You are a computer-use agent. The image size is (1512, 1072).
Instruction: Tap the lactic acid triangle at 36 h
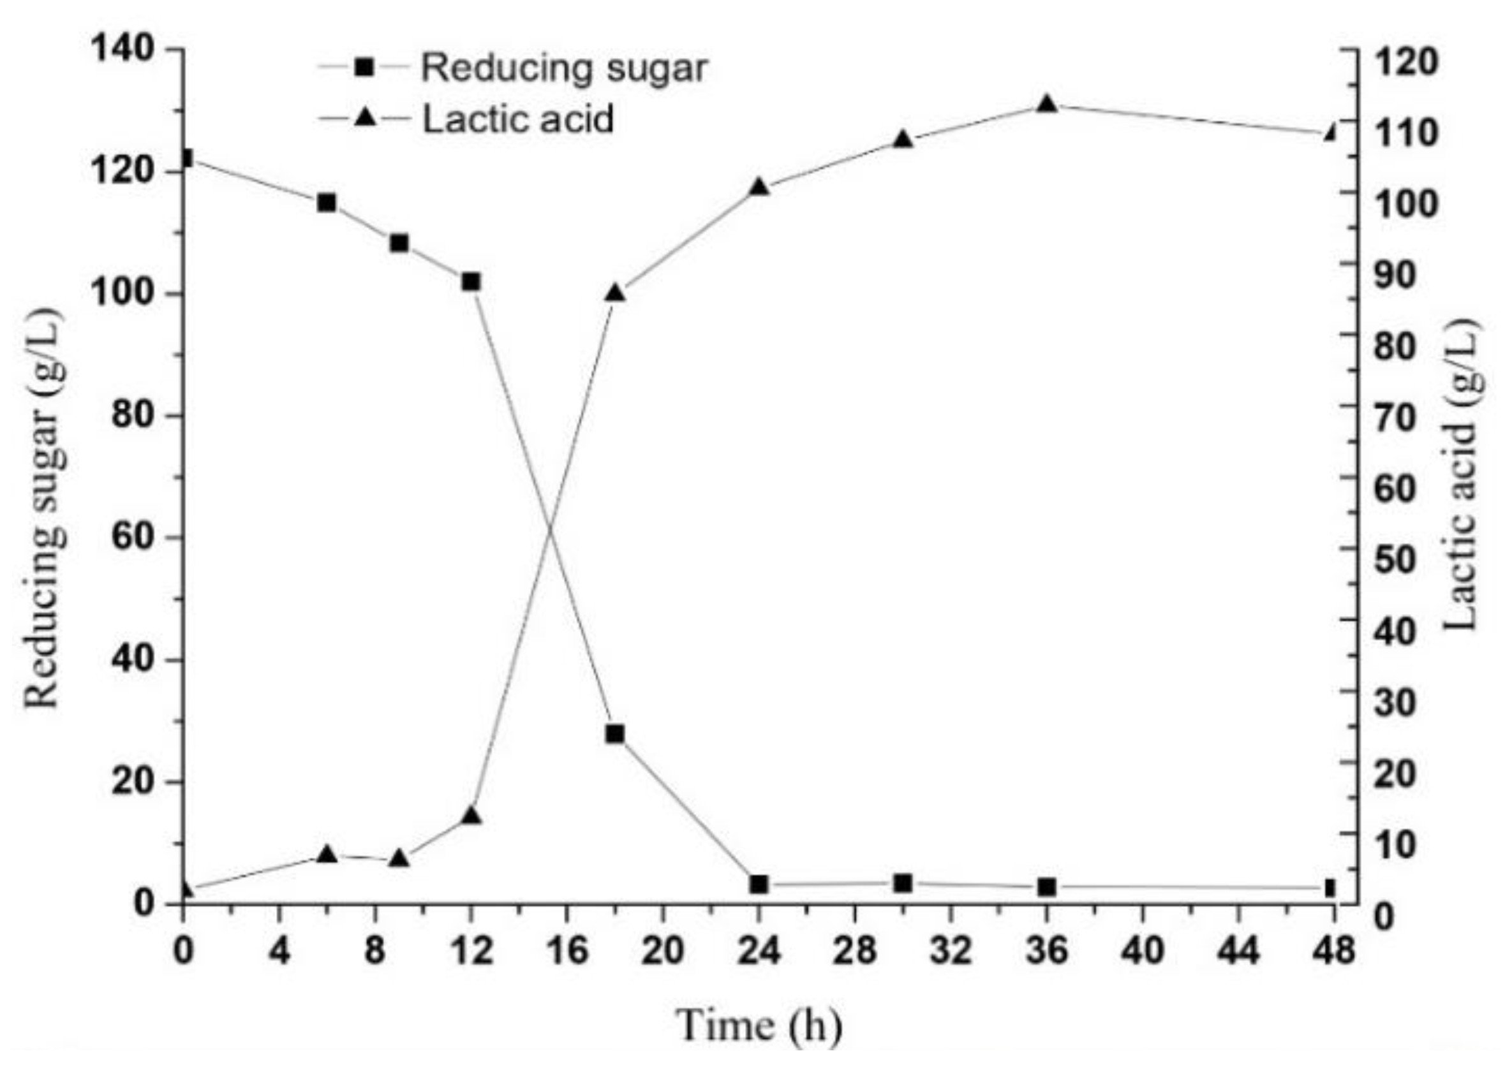[1046, 105]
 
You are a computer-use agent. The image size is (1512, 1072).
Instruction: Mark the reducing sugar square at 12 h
[471, 282]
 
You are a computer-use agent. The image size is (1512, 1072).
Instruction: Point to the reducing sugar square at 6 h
[327, 203]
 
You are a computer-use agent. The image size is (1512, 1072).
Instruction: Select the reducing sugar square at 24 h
[759, 884]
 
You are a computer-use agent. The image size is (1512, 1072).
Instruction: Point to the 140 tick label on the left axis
[122, 50]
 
